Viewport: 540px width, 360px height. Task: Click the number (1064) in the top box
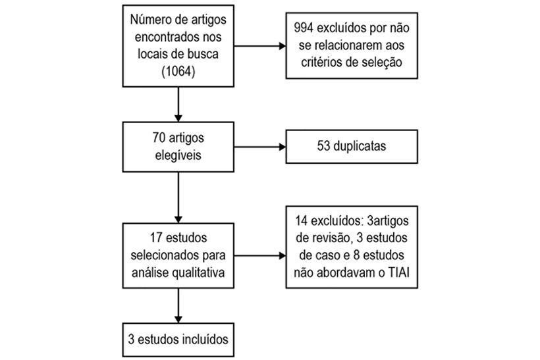point(178,71)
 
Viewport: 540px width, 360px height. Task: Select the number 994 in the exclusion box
point(304,28)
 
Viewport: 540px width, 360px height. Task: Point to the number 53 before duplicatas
point(323,146)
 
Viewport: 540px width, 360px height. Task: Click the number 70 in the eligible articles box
point(159,138)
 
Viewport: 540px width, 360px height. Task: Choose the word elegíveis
point(178,155)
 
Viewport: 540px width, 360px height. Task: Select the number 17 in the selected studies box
point(156,238)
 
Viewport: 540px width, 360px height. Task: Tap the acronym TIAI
point(399,272)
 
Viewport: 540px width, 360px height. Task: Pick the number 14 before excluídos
point(302,220)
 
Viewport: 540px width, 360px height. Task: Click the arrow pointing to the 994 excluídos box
point(260,46)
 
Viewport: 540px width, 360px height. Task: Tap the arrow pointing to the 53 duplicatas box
point(260,147)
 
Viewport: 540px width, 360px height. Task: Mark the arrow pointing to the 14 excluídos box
point(260,255)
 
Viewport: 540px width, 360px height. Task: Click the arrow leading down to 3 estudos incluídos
point(178,305)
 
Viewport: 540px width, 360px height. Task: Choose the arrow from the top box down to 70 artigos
point(178,104)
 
